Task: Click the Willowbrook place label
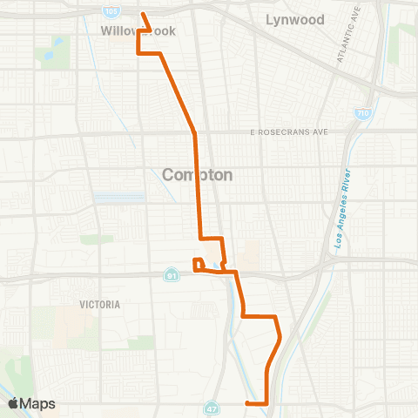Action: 138,31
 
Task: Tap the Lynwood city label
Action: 295,19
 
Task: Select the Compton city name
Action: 198,174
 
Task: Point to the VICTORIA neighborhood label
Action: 98,305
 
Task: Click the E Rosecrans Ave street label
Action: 289,131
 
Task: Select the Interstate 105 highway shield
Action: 111,11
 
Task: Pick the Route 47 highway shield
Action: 212,407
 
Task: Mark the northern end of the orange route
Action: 143,14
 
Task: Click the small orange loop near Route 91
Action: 198,264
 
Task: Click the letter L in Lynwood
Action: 270,19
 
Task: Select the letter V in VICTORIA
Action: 82,305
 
